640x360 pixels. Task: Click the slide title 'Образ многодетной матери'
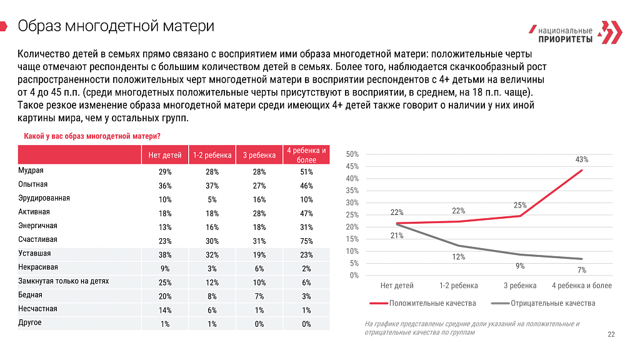[116, 26]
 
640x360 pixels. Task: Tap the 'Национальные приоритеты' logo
[576, 32]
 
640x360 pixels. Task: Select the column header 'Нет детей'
[165, 155]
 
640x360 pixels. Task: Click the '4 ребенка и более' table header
[306, 155]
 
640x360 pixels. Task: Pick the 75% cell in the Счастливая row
[306, 241]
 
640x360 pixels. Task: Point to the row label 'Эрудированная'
[44, 198]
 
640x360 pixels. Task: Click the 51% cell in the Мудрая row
[306, 172]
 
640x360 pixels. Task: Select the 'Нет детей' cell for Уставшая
[165, 255]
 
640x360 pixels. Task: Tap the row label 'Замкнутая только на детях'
[64, 281]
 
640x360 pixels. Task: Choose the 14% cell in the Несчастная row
[165, 310]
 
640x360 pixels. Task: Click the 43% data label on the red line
[582, 159]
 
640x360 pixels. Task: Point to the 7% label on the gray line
[582, 270]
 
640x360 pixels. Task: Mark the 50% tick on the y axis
[352, 154]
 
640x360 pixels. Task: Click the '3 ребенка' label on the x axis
[520, 286]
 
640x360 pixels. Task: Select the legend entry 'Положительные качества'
[423, 303]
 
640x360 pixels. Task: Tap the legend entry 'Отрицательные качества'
[543, 303]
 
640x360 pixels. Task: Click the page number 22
[611, 335]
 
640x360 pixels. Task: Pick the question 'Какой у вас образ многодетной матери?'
[92, 136]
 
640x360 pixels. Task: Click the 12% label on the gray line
[458, 257]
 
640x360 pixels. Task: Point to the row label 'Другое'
[30, 323]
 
